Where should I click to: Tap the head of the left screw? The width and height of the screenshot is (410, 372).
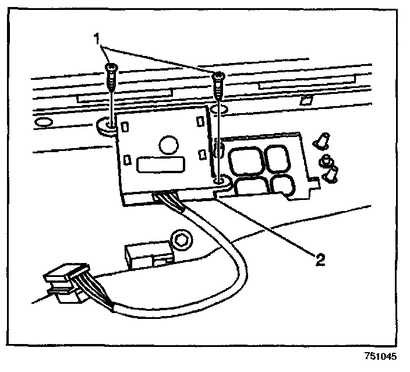(111, 69)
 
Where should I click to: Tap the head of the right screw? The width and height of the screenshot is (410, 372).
(218, 76)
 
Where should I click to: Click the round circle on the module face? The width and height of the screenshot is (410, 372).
(168, 144)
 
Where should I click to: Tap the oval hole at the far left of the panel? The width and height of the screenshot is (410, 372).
(44, 123)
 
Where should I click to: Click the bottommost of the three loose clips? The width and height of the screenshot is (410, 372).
(332, 173)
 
